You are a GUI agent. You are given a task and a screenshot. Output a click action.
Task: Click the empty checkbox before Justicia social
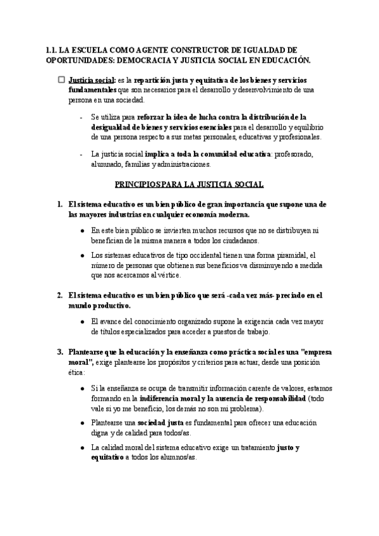(61, 81)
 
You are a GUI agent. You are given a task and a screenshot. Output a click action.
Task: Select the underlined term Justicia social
(92, 81)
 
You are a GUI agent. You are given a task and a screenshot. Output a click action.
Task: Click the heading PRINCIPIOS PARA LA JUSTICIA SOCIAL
(189, 185)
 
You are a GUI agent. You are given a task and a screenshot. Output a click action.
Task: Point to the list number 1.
(59, 204)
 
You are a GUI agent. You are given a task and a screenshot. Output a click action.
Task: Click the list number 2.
(59, 295)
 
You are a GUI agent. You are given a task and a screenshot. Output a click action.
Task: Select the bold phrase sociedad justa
(156, 423)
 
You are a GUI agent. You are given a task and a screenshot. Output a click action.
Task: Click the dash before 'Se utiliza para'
(82, 117)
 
